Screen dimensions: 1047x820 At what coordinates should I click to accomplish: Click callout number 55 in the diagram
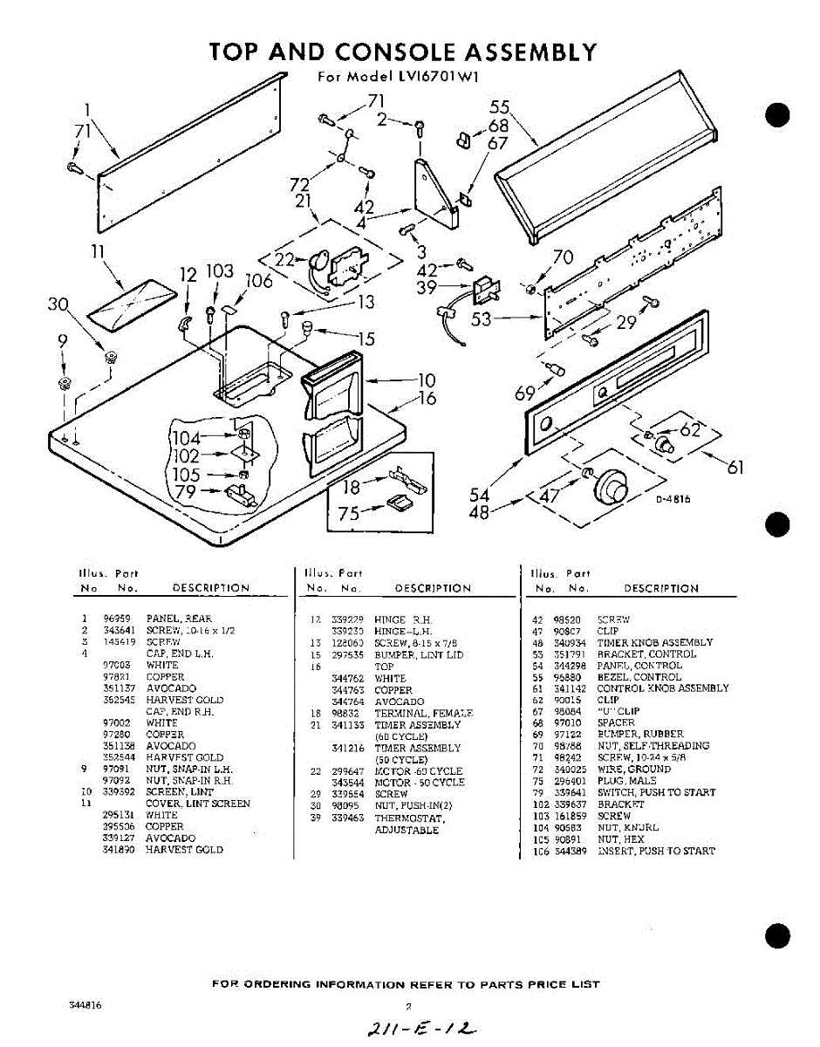(x=499, y=107)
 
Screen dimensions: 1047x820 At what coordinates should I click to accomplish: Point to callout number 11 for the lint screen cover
(x=98, y=252)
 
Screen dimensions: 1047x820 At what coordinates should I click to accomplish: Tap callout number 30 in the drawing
(x=58, y=304)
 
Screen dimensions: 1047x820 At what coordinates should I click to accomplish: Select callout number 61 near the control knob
(x=735, y=467)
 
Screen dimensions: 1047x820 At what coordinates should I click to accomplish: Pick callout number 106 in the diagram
(x=259, y=281)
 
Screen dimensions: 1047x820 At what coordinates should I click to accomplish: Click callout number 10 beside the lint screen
(x=426, y=380)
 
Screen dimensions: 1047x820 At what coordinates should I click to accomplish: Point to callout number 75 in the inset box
(x=349, y=515)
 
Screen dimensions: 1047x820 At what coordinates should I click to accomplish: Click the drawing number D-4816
(x=673, y=499)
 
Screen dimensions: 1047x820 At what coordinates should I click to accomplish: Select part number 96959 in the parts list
(x=116, y=619)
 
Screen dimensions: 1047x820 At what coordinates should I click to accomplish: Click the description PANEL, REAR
(x=179, y=619)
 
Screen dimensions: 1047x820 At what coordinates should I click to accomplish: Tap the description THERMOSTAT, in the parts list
(x=409, y=818)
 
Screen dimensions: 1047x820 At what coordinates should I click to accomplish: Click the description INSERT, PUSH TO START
(x=656, y=851)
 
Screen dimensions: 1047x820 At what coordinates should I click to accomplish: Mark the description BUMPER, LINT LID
(x=419, y=654)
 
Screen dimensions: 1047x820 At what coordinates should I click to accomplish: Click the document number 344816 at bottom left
(x=85, y=1005)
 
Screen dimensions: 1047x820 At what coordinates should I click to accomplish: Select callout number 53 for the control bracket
(x=482, y=320)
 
